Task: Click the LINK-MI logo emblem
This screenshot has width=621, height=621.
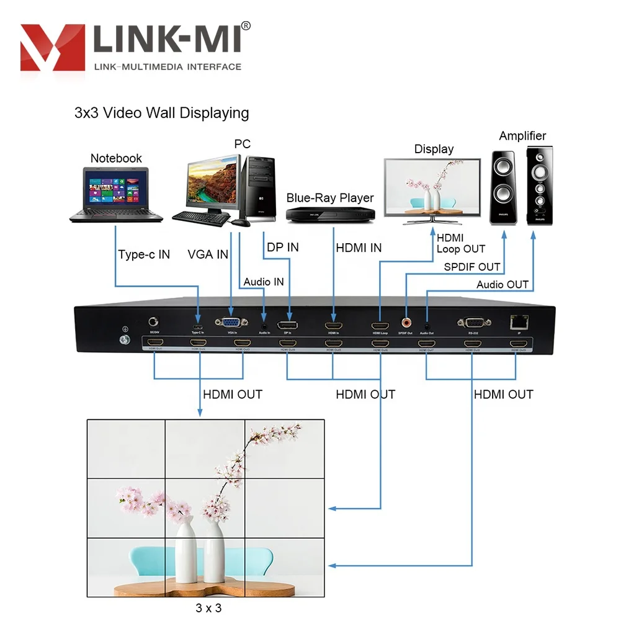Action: pyautogui.click(x=53, y=47)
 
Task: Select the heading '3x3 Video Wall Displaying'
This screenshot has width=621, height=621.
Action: pyautogui.click(x=161, y=113)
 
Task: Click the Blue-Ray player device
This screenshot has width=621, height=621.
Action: pyautogui.click(x=330, y=214)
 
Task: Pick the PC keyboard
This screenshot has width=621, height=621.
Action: pyautogui.click(x=200, y=217)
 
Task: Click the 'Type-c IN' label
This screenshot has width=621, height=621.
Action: pyautogui.click(x=144, y=254)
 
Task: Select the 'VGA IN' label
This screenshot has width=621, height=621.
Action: pyautogui.click(x=208, y=254)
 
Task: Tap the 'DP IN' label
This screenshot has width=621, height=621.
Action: pyautogui.click(x=282, y=247)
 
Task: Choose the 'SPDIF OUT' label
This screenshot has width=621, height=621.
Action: pyautogui.click(x=472, y=267)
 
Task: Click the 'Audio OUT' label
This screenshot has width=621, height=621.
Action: pyautogui.click(x=503, y=285)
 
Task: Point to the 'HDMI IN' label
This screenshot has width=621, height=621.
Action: pyautogui.click(x=359, y=248)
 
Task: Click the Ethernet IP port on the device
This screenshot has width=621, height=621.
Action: pyautogui.click(x=519, y=321)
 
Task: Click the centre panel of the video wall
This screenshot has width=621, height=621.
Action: pyautogui.click(x=207, y=507)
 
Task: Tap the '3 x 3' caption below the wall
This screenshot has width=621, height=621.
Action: pyautogui.click(x=208, y=608)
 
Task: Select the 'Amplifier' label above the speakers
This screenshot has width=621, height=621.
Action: pyautogui.click(x=522, y=136)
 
